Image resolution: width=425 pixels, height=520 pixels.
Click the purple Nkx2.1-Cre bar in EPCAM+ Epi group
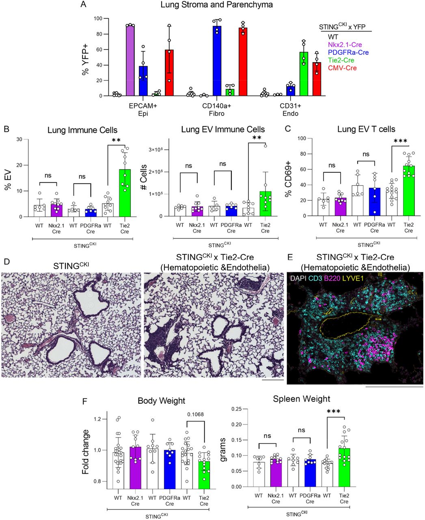130,61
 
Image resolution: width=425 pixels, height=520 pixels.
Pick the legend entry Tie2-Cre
332,60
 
